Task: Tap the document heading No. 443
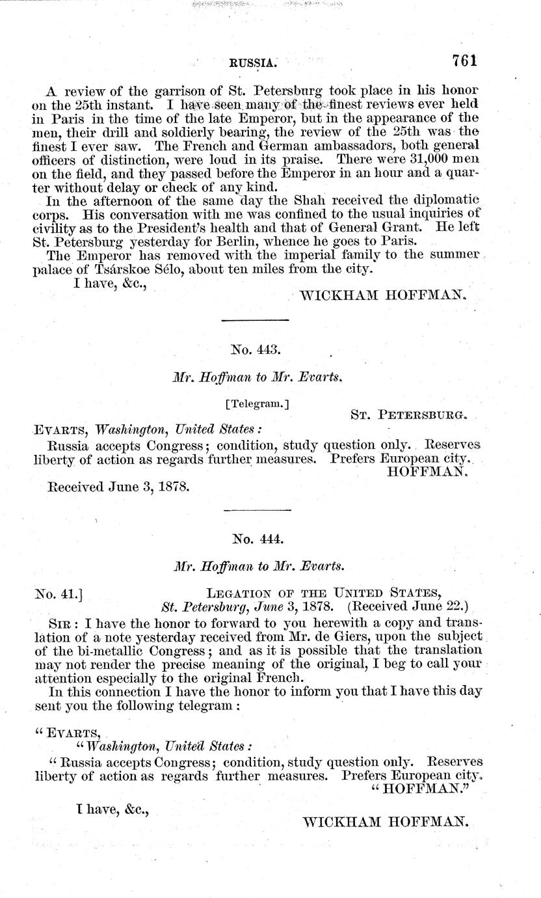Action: click(256, 349)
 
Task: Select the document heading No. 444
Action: click(256, 538)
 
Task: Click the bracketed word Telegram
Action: click(257, 403)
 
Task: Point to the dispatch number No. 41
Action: click(56, 593)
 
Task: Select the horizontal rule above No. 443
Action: click(255, 320)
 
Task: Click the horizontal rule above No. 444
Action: click(255, 510)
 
